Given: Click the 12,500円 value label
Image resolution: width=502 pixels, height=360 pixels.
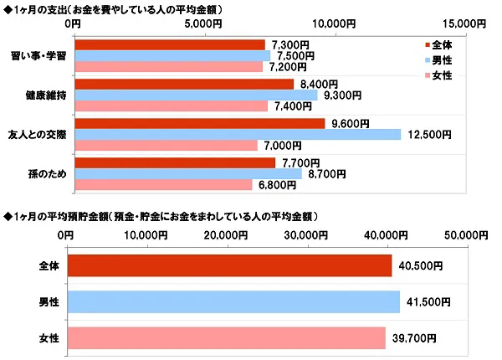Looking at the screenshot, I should click(430, 134).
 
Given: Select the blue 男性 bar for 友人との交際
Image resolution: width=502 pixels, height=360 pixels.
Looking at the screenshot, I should click(238, 134).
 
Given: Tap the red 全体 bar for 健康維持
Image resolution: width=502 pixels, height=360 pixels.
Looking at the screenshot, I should click(184, 84).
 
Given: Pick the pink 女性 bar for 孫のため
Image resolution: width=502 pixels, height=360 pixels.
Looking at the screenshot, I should click(163, 184).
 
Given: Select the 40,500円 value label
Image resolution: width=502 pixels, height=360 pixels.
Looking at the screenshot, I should click(420, 265).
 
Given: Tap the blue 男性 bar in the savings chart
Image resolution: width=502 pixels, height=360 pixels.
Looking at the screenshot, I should click(233, 301).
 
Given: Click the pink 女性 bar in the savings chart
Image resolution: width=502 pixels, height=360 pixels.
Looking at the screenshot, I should click(226, 337).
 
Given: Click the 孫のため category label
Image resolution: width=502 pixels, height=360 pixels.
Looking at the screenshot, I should click(49, 173).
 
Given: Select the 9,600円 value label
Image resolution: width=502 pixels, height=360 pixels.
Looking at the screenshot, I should click(351, 124).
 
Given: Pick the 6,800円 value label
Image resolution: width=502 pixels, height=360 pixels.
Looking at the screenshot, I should click(279, 184).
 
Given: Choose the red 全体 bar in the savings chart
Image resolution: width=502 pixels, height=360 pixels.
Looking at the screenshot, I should click(229, 265).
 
